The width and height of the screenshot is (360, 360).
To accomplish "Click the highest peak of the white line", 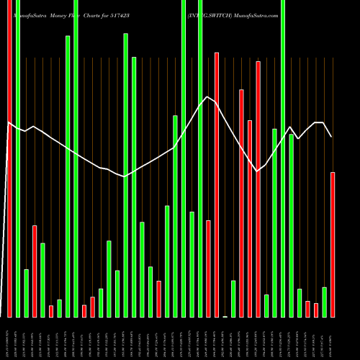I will pyautogui.click(x=207, y=96).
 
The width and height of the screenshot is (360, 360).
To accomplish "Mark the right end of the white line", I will pyautogui.click(x=331, y=136).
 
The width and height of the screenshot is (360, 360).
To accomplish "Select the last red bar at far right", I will pyautogui.click(x=333, y=244).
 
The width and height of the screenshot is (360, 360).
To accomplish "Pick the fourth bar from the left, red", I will pyautogui.click(x=35, y=271).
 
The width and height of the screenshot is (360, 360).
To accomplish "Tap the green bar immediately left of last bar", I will pyautogui.click(x=324, y=302).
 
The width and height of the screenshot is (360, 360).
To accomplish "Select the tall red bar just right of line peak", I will pyautogui.click(x=216, y=184).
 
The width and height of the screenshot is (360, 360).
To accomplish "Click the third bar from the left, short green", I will pyautogui.click(x=26, y=292).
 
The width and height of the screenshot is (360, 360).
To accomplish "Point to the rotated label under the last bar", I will pyautogui.click(x=333, y=338).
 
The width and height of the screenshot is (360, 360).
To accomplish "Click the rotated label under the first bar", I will pyautogui.click(x=9, y=338).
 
